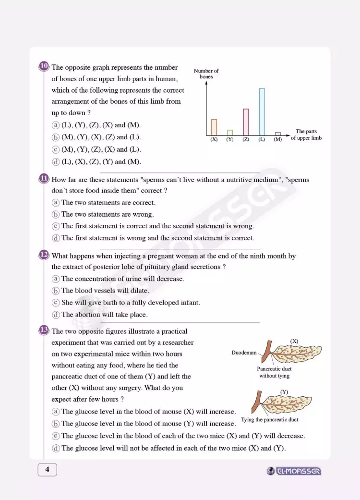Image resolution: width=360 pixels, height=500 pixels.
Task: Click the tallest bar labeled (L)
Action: (262, 111)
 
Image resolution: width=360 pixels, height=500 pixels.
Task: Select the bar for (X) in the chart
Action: (214, 127)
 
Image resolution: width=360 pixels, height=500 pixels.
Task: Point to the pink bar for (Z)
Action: (246, 122)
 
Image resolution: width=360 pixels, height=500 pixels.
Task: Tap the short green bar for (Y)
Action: (230, 133)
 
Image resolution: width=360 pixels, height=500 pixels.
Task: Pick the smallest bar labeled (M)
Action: (277, 134)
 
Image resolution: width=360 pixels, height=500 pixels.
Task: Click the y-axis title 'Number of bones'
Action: (206, 73)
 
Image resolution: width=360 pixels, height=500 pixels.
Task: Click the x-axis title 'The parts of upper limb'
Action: (306, 134)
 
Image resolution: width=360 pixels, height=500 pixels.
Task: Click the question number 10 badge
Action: (44, 66)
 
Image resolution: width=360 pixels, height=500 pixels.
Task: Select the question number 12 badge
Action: (44, 255)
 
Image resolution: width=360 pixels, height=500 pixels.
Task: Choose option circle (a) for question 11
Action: (56, 203)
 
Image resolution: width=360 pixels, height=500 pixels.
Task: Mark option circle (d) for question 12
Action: (56, 315)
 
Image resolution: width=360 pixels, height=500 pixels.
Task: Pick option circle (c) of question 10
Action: (56, 149)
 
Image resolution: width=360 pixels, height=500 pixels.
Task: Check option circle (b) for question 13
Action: (56, 424)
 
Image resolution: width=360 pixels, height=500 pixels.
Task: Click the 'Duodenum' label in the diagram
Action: (244, 353)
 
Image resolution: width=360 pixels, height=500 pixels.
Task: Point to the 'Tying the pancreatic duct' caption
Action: (269, 419)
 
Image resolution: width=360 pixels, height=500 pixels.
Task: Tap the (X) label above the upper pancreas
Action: (294, 341)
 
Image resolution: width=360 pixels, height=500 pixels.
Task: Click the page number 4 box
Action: (47, 470)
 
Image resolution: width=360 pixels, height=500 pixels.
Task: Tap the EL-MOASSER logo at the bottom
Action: (294, 471)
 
